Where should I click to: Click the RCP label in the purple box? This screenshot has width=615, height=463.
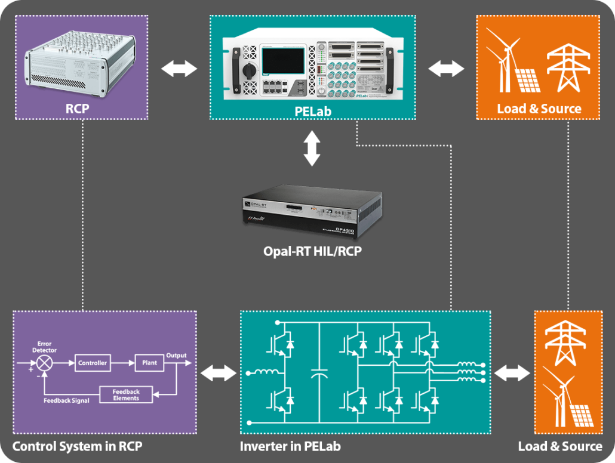(x=81, y=109)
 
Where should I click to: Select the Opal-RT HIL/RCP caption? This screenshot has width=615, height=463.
(x=312, y=251)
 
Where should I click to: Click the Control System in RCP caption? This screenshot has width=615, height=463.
(x=78, y=446)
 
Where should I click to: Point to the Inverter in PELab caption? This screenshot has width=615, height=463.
(x=290, y=446)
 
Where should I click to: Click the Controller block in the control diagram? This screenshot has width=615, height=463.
(x=93, y=363)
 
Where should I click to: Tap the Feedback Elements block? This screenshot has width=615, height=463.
(x=126, y=394)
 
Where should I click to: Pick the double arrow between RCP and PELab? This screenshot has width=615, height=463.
(x=180, y=69)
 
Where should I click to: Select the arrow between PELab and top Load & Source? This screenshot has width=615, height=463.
(x=446, y=69)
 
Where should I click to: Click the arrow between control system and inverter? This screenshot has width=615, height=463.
(x=219, y=374)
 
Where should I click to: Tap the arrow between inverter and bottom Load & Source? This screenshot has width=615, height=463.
(x=512, y=374)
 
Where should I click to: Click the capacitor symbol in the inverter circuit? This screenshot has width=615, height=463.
(x=319, y=374)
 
